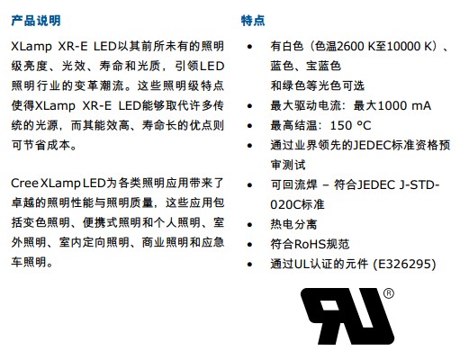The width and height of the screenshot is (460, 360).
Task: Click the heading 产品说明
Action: (x=36, y=21)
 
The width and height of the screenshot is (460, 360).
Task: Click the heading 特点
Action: (x=253, y=21)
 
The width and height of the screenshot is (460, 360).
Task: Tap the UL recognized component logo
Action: (x=347, y=316)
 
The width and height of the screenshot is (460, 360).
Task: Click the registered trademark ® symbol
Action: (x=389, y=293)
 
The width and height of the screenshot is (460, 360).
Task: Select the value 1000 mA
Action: (x=404, y=105)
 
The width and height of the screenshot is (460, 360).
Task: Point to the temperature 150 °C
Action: (x=350, y=125)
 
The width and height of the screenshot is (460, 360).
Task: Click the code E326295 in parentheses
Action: (x=405, y=264)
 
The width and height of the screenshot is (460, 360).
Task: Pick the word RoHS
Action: (x=310, y=244)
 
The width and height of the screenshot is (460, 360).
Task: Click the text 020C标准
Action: (x=297, y=204)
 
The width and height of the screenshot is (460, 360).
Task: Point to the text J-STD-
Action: (x=419, y=184)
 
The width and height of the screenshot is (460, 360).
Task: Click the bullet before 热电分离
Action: (x=249, y=225)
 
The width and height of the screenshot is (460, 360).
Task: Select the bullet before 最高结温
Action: (x=249, y=126)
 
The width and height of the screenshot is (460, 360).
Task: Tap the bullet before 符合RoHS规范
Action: (x=249, y=245)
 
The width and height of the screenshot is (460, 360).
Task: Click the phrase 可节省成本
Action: (x=41, y=145)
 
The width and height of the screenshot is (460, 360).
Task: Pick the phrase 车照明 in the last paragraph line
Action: (x=29, y=262)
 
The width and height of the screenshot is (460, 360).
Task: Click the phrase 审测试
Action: (x=288, y=165)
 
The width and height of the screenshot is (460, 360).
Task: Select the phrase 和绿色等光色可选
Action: (x=318, y=85)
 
